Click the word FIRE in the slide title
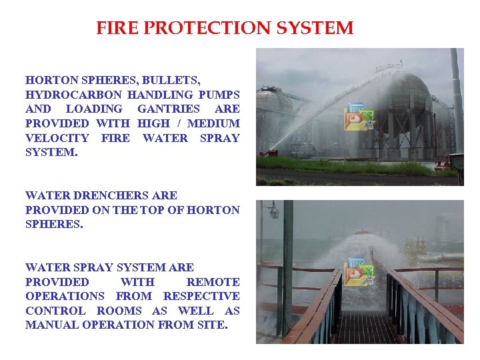pyautogui.click(x=115, y=29)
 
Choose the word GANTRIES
pyautogui.click(x=168, y=109)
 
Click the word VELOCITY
pyautogui.click(x=57, y=138)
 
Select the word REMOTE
pyautogui.click(x=213, y=282)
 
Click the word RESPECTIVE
pyautogui.click(x=201, y=297)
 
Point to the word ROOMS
pyautogui.click(x=122, y=311)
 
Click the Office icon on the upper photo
pyautogui.click(x=359, y=117)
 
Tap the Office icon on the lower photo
pyautogui.click(x=359, y=271)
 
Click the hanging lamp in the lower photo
pyautogui.click(x=273, y=213)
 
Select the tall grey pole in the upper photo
pyautogui.click(x=457, y=100)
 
